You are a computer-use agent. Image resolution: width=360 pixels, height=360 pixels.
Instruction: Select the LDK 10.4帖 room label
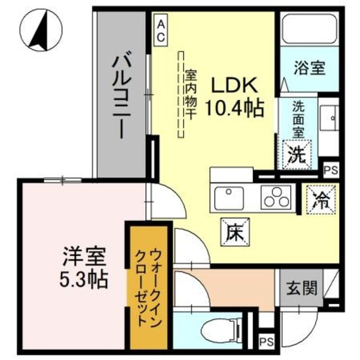tap(236, 96)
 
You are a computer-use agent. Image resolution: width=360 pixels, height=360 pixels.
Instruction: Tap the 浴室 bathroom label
tap(309, 68)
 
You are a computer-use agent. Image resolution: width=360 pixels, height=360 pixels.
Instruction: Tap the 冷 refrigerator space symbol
tap(321, 200)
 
